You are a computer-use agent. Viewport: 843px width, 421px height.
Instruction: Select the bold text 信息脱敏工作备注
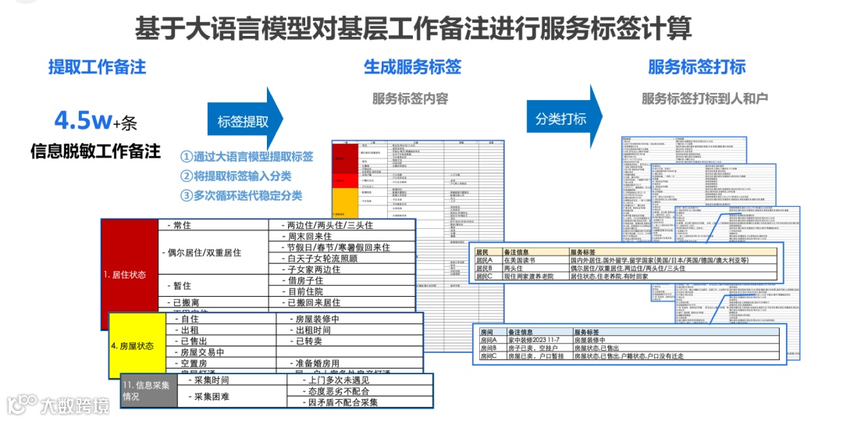pyautogui.click(x=95, y=151)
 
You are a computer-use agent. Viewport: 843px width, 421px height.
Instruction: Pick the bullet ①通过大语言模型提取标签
pyautogui.click(x=247, y=156)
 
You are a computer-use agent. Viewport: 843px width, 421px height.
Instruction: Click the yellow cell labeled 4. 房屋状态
pyautogui.click(x=133, y=345)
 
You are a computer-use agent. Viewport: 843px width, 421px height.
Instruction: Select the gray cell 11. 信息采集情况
pyautogui.click(x=146, y=390)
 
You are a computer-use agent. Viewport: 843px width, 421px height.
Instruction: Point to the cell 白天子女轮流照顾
pyautogui.click(x=322, y=259)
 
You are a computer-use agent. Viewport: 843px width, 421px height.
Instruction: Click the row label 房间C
pyautogui.click(x=489, y=355)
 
